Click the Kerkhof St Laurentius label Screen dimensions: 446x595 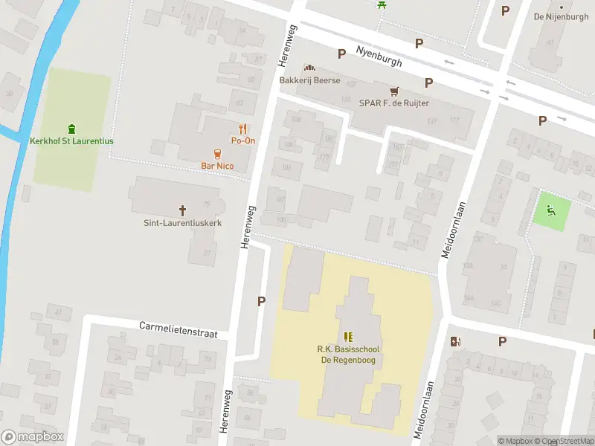pos(71,141)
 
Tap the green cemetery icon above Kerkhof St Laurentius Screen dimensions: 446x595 pos(71,129)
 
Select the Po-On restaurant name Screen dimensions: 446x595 pos(243,140)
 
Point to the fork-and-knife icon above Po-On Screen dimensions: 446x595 pos(243,129)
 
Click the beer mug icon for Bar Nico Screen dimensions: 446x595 pos(217,154)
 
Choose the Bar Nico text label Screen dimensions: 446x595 pos(217,166)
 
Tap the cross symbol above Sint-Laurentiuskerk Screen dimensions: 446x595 pos(182,210)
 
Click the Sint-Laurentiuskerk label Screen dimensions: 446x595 pos(182,222)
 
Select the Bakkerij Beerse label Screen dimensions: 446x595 pos(309,80)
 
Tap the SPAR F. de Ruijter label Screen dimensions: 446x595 pos(393,103)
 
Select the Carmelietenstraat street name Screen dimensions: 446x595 pos(178,330)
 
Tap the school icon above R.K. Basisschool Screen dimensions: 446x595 pos(348,337)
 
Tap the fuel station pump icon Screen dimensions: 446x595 pos(455,341)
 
